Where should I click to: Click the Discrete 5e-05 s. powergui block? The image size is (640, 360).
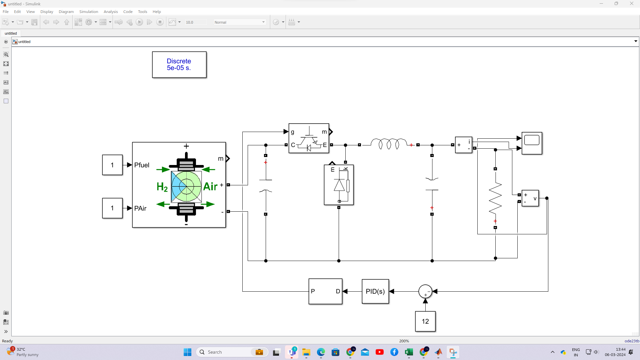point(179,65)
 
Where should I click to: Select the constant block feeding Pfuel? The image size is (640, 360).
point(112,165)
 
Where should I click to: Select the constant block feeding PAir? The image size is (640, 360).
point(112,208)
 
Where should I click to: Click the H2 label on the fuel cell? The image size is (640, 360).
point(162,187)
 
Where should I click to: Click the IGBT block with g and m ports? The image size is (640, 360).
point(309,138)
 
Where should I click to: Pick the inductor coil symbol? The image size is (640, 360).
point(389,144)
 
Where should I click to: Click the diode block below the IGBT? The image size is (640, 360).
point(339,185)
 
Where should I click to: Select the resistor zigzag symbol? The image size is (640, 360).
point(495,198)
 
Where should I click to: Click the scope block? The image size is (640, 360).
point(532,143)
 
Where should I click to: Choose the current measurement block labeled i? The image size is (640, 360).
point(464,145)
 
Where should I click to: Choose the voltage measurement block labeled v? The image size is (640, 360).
point(530,198)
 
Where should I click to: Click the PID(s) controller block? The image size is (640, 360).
point(375,291)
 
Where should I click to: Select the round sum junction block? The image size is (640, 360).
point(425,291)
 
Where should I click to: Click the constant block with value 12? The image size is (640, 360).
point(425,321)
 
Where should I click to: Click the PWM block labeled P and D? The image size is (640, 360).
point(325,291)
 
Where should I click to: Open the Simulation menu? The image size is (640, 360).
point(89,12)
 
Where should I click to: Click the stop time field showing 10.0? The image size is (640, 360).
point(195,22)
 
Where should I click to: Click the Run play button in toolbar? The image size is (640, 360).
point(139,22)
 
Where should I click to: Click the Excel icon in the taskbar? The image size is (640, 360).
point(409,352)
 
